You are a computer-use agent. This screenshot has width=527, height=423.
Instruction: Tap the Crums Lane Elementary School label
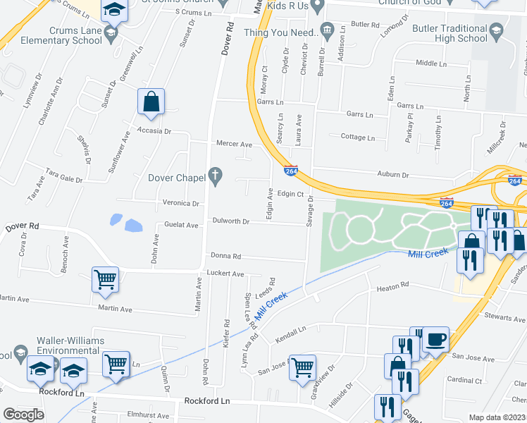[x=76, y=35]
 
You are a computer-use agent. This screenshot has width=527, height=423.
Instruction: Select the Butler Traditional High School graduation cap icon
[x=497, y=30]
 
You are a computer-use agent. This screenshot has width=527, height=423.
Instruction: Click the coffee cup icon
[x=435, y=339]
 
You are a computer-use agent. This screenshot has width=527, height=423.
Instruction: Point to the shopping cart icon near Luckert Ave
[x=105, y=279]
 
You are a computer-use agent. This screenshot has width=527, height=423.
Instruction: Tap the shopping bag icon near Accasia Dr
[x=151, y=102]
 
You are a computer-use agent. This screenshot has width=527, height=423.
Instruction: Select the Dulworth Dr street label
[x=231, y=221]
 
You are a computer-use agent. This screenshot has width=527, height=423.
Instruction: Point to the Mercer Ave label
[x=234, y=145]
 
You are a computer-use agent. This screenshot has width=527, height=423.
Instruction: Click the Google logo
[x=23, y=415]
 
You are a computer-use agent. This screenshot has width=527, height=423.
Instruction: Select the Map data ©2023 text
[x=497, y=417]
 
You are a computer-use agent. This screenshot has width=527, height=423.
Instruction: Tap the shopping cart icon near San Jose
[x=302, y=367]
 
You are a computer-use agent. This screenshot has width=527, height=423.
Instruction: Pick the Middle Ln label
[x=426, y=63]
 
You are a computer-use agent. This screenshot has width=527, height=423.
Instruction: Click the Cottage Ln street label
[x=357, y=137]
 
